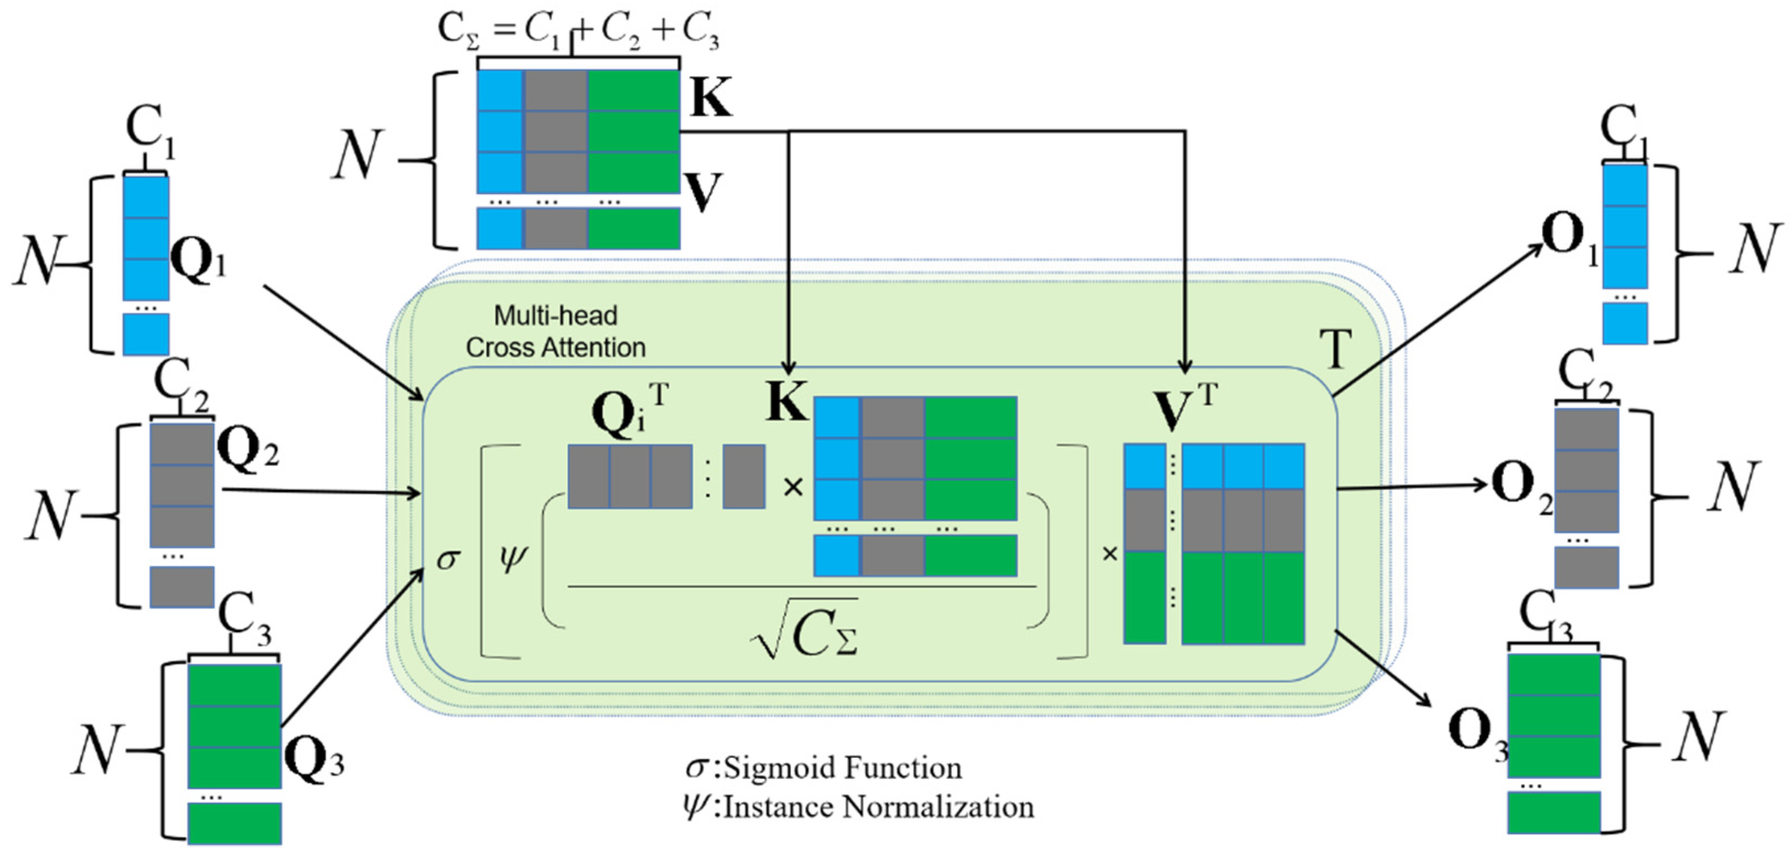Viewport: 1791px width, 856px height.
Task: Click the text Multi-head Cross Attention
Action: click(x=555, y=332)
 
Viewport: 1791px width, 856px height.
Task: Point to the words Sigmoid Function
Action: click(x=843, y=768)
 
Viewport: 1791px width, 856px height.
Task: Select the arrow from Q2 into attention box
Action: click(x=320, y=492)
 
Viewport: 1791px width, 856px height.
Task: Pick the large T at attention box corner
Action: click(x=1335, y=350)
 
